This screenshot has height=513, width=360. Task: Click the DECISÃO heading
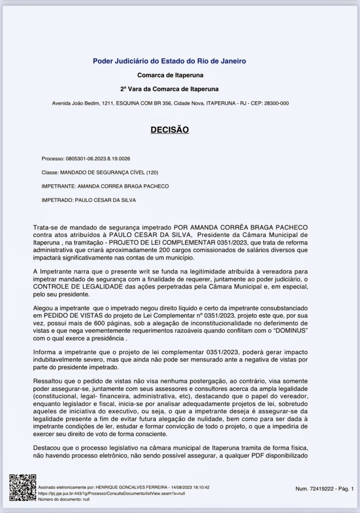coord(169,130)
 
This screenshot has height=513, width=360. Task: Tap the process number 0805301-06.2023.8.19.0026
coord(98,159)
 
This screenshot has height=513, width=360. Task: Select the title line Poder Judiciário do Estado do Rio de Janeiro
coord(169,61)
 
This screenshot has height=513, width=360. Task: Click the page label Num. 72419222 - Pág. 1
coord(324,488)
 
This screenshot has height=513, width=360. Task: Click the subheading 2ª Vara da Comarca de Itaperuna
coord(169,89)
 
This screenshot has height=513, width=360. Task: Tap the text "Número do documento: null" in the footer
coord(61,499)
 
